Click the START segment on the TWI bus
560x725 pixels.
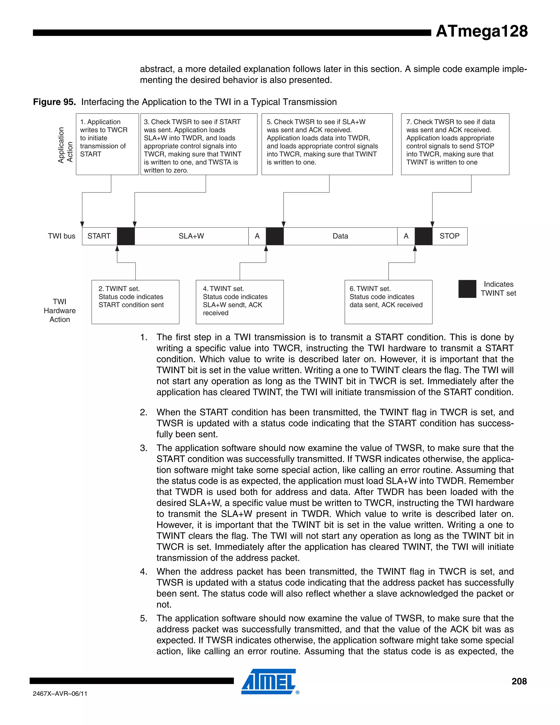point(99,236)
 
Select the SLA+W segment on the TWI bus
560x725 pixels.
point(191,236)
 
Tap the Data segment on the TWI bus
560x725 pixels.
point(340,236)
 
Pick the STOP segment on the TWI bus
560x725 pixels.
point(450,236)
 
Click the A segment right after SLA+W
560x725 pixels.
point(257,236)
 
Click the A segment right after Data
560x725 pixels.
point(406,236)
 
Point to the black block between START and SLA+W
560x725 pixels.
point(126,236)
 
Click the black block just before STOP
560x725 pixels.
point(423,236)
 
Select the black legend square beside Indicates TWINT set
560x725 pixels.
point(467,289)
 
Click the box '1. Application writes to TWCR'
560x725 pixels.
point(107,144)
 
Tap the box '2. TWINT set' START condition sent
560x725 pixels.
point(135,302)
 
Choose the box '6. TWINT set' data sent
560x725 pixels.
point(388,302)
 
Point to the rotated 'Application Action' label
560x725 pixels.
point(65,145)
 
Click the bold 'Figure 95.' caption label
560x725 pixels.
point(54,102)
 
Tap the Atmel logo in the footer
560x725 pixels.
point(269,681)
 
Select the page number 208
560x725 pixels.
point(519,681)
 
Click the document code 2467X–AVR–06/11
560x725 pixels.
point(60,694)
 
